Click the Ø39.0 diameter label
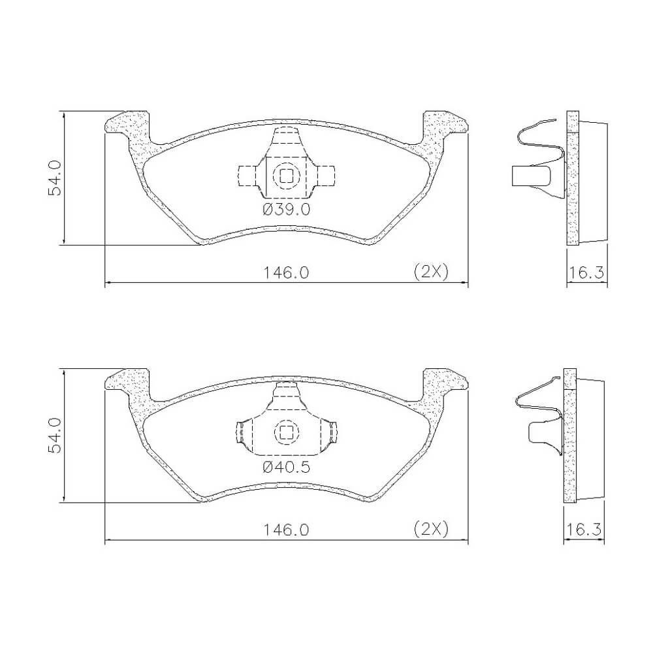287,209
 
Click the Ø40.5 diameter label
287,467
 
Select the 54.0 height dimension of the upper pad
55,178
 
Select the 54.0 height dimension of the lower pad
55,436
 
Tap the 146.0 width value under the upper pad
286,273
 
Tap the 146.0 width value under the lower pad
286,530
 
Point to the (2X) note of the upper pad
431,272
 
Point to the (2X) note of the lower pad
431,530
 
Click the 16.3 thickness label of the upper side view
586,273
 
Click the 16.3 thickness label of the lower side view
584,530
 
